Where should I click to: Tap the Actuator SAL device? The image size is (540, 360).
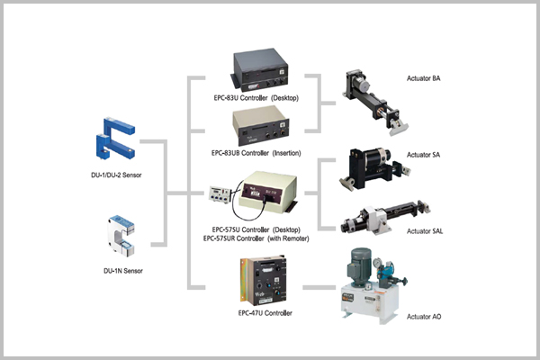pos(384,218)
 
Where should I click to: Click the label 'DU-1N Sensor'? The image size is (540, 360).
pos(124,269)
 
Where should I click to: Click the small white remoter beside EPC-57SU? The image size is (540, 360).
pos(222,194)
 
